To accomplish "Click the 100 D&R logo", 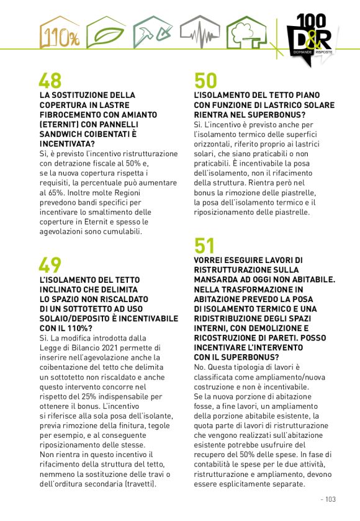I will click(x=313, y=35).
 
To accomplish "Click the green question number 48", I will click(x=50, y=81).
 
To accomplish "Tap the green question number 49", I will click(x=50, y=265).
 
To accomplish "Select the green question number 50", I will click(x=206, y=81).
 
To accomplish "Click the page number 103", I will click(x=329, y=499).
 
